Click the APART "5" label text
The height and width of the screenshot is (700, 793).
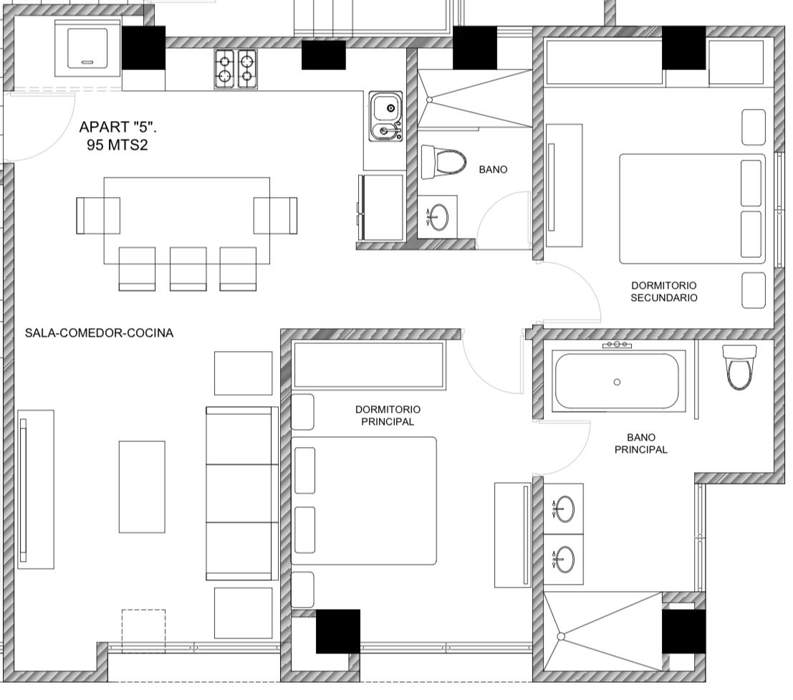tap(117, 126)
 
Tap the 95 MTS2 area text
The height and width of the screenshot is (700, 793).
tap(117, 145)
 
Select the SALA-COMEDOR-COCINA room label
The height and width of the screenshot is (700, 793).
tap(99, 332)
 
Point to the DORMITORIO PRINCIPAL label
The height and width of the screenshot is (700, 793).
tap(388, 416)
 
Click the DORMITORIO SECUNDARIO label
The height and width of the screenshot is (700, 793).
tap(663, 292)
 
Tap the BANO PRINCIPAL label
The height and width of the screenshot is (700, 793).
tap(640, 443)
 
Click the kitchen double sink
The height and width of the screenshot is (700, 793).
tap(385, 116)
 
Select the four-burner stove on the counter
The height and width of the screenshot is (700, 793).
tap(235, 69)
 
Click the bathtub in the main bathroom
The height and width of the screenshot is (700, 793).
tap(617, 381)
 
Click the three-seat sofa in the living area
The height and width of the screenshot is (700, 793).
tap(242, 493)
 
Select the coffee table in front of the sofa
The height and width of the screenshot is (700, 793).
tap(142, 486)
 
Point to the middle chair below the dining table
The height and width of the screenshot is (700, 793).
tap(188, 269)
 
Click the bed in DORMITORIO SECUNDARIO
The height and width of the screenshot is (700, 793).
tap(693, 209)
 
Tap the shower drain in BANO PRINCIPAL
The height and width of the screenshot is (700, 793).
tap(561, 636)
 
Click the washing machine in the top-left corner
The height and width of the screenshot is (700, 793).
tap(87, 48)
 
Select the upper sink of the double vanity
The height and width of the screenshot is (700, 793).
tap(564, 508)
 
